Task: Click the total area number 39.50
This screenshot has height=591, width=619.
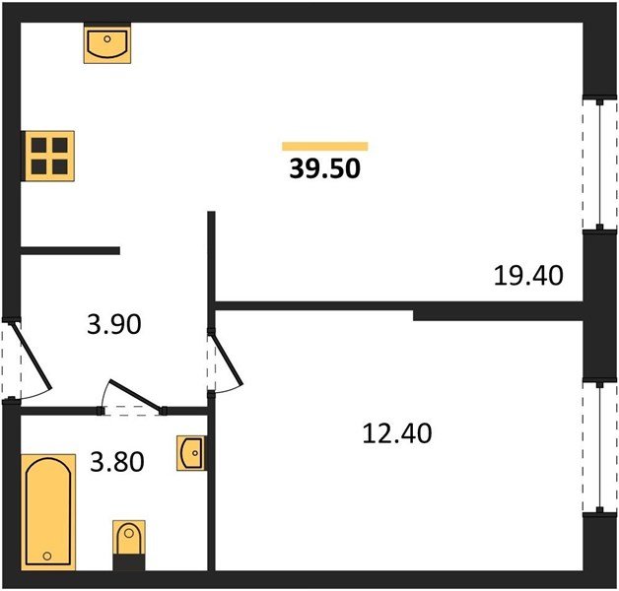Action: (x=325, y=168)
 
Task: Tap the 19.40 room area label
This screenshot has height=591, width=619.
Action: (x=528, y=275)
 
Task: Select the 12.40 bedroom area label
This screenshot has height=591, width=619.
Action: (x=397, y=432)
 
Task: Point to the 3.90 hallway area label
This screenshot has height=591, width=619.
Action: (x=114, y=324)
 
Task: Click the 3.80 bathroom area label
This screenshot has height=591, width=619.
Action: (x=117, y=462)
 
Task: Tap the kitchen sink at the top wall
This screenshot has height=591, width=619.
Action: (x=107, y=43)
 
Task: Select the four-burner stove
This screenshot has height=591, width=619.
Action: (x=49, y=157)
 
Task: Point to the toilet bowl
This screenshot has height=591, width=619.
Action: (x=129, y=537)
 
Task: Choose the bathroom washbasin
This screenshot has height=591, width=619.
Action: (x=191, y=453)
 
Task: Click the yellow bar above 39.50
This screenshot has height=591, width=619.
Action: (x=325, y=147)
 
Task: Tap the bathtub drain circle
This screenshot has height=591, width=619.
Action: (x=47, y=557)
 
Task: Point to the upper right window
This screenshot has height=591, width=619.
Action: (x=600, y=164)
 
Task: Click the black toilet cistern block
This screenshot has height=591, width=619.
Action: (x=129, y=562)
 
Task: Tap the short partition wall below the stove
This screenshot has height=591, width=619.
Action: (x=70, y=250)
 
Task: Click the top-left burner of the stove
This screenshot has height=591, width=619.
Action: (x=39, y=145)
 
